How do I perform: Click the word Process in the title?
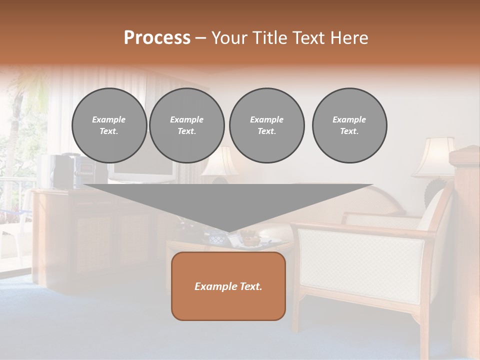(x=157, y=38)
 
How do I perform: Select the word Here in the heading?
(x=348, y=38)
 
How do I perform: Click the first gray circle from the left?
(x=109, y=125)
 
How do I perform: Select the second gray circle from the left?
(x=186, y=125)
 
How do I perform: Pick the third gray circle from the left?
(x=266, y=125)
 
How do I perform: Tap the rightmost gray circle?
(x=349, y=125)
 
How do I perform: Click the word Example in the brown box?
(x=213, y=286)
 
